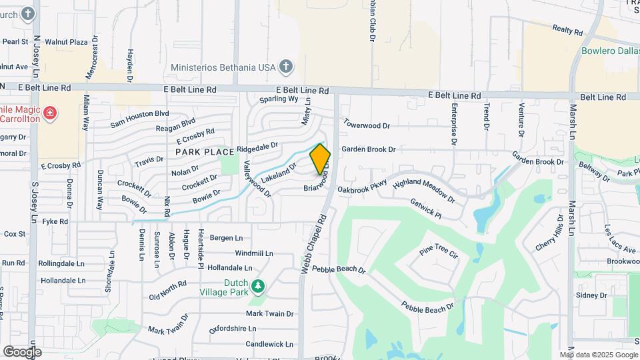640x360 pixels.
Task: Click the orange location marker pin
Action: click(x=320, y=159)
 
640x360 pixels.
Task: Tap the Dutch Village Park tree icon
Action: click(x=257, y=287)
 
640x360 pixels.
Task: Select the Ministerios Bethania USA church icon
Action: click(x=285, y=67)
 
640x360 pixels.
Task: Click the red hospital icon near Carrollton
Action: click(x=49, y=114)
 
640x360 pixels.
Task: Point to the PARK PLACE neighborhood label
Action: click(x=205, y=152)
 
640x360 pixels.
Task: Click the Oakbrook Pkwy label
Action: click(x=363, y=190)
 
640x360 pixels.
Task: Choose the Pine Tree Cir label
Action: click(x=439, y=253)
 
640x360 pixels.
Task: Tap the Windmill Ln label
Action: click(x=254, y=253)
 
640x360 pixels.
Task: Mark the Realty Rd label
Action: click(x=567, y=29)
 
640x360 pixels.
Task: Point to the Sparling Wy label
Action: click(x=278, y=99)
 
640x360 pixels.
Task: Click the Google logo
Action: click(x=22, y=351)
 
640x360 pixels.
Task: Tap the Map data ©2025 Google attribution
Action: click(x=598, y=355)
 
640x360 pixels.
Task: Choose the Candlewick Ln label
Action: click(x=269, y=344)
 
